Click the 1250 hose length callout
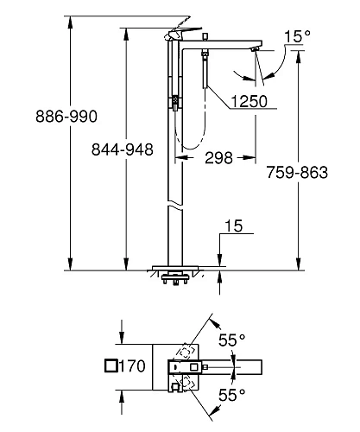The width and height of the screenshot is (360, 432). pos(247,101)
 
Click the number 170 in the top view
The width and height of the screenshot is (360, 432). pos(132,366)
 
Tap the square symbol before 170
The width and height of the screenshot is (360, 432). pos(109,366)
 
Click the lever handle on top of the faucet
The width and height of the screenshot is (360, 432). pos(186,32)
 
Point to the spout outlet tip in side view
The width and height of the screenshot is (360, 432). pos(256,53)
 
